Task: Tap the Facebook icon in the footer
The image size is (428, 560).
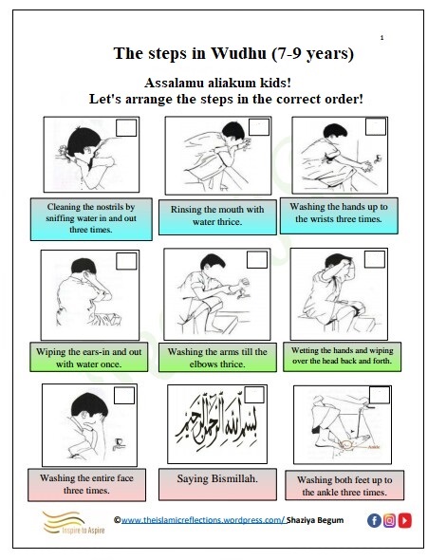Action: [374, 520]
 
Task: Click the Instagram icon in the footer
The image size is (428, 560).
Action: [389, 520]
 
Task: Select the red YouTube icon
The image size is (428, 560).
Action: [405, 520]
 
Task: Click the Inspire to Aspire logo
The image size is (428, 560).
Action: [74, 522]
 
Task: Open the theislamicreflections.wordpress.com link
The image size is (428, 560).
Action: [203, 520]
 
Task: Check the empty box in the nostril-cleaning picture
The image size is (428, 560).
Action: [126, 127]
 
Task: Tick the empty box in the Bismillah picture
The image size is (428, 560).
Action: [254, 395]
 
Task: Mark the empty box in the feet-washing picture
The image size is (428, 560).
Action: [380, 395]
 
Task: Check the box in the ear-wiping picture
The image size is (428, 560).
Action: [126, 261]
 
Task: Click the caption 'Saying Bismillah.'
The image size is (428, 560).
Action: [217, 478]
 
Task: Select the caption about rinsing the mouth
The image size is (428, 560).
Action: [217, 215]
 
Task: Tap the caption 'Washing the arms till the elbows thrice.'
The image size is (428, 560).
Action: [217, 358]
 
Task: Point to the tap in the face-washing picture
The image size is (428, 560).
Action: [119, 443]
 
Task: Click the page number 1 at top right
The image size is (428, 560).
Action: [381, 38]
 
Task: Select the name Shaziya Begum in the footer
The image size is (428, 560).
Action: [315, 520]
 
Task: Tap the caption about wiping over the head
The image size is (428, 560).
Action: [342, 356]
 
